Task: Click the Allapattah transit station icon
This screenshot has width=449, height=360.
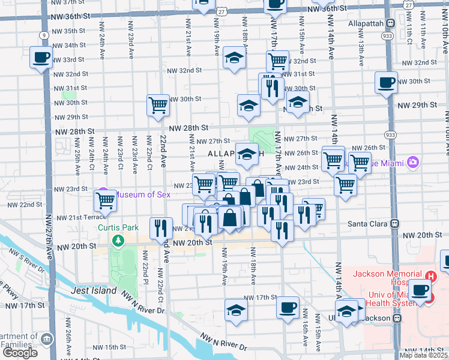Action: pos(390,23)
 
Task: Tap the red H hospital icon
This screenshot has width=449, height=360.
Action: pos(430,277)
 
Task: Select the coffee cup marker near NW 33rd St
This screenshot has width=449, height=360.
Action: pos(41,58)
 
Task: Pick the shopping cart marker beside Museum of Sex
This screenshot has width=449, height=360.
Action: pos(106,200)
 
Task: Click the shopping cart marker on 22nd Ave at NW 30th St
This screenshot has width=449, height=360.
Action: pos(158,106)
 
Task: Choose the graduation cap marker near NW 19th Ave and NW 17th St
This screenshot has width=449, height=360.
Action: pos(236,310)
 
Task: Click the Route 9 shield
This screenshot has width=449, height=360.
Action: pos(44,35)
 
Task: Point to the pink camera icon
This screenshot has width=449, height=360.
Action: pos(412,162)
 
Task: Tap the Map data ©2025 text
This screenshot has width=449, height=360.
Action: pos(423,355)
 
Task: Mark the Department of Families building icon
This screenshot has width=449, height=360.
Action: pos(46,340)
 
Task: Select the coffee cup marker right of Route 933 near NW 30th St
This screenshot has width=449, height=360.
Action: pos(386,82)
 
